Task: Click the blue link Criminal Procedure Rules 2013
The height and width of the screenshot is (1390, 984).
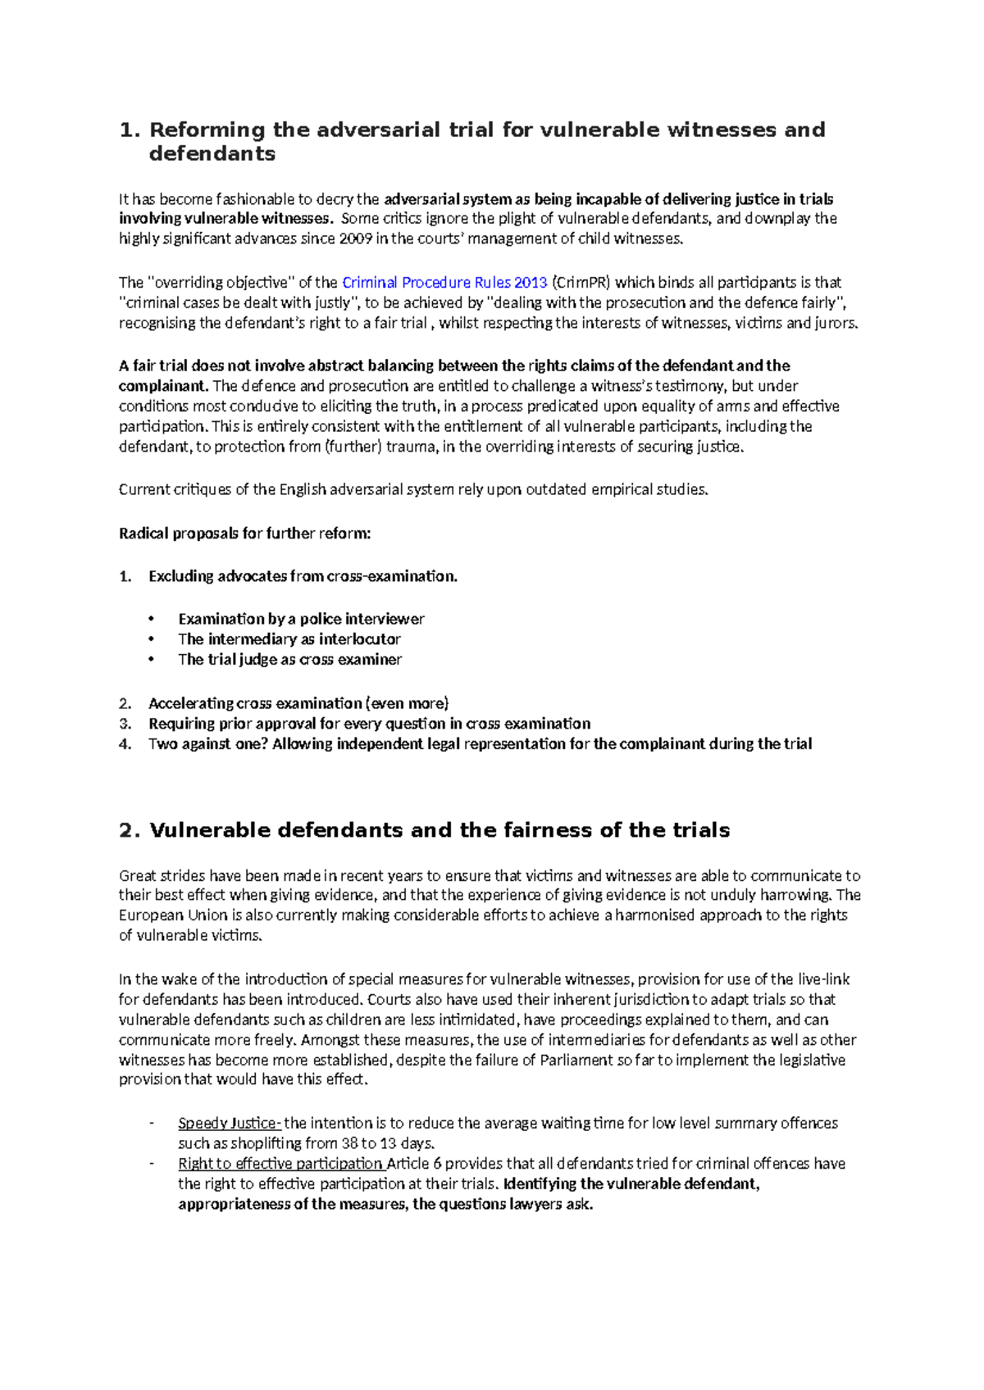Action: tap(444, 283)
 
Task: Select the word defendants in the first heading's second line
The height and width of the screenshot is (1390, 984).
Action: tap(212, 154)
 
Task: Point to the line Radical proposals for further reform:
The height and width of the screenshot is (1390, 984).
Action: tap(244, 534)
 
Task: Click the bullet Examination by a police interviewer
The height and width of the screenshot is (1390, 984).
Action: tap(301, 620)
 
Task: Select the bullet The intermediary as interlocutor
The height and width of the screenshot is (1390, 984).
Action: tap(289, 639)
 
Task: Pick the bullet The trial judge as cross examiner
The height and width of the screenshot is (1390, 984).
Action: tap(289, 660)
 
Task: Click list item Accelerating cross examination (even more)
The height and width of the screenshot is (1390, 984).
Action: tap(298, 703)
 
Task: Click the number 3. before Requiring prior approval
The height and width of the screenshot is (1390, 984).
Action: tap(125, 724)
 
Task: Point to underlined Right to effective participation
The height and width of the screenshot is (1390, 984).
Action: tap(280, 1164)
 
